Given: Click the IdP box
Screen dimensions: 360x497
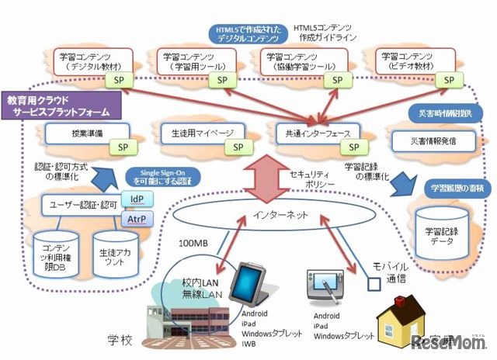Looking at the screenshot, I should (x=137, y=199).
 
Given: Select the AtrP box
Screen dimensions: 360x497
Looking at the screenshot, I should (x=137, y=220).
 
